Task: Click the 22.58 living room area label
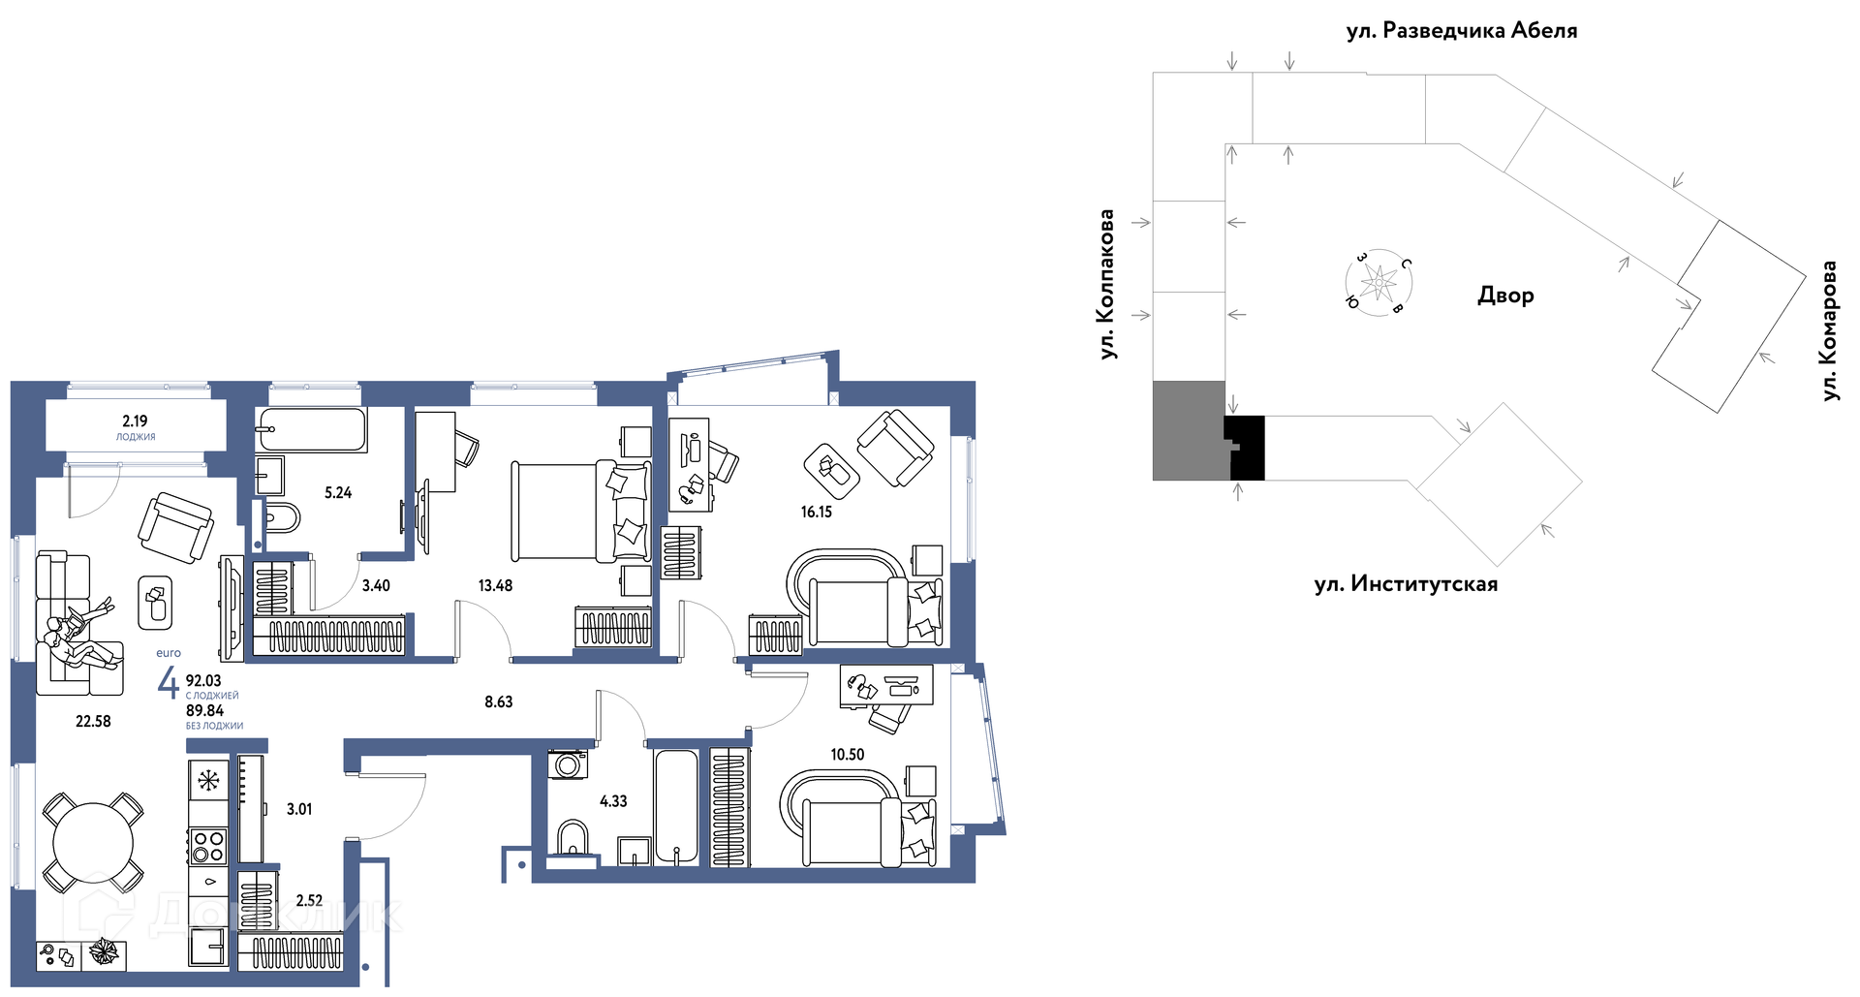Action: pos(93,721)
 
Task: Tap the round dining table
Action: pos(93,843)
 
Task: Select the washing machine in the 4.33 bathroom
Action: pos(568,764)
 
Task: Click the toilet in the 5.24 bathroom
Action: pos(280,517)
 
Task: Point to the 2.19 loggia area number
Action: pos(135,421)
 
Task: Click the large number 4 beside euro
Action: pos(169,682)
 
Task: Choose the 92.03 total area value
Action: pos(203,681)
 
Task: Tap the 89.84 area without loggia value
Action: pos(204,711)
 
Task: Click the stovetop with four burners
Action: pos(208,846)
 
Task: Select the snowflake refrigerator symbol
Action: pos(208,779)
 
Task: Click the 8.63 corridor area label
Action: pos(499,701)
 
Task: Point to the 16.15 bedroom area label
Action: pos(817,512)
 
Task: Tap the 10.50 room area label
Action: pos(848,754)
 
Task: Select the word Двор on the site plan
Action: pos(1505,296)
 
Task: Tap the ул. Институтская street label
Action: pos(1406,584)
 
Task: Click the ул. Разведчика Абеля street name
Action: pos(1462,31)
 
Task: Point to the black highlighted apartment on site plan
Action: pos(1247,448)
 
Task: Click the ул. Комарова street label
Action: pos(1829,330)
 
